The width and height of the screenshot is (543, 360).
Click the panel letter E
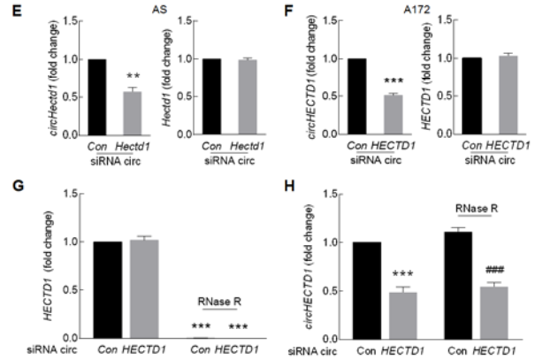tap(7, 8)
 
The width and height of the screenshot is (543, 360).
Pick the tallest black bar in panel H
tap(455, 285)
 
